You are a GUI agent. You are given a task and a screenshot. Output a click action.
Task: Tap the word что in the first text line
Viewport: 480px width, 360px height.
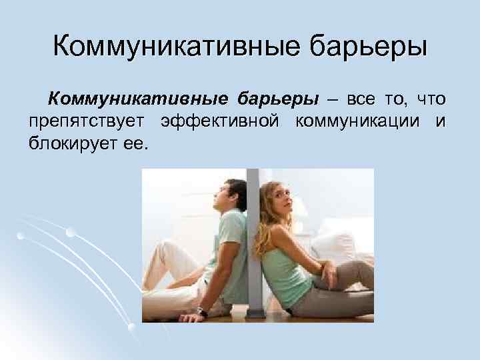[x=430, y=100]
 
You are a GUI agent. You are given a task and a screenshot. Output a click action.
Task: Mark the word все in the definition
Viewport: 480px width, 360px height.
[x=361, y=100]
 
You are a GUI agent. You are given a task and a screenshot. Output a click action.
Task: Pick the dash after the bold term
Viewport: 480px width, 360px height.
[x=332, y=101]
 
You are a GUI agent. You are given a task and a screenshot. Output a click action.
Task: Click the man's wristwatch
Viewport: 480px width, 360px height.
[x=202, y=311]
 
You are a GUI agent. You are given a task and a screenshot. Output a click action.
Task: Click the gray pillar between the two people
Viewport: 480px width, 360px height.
[x=253, y=253]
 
